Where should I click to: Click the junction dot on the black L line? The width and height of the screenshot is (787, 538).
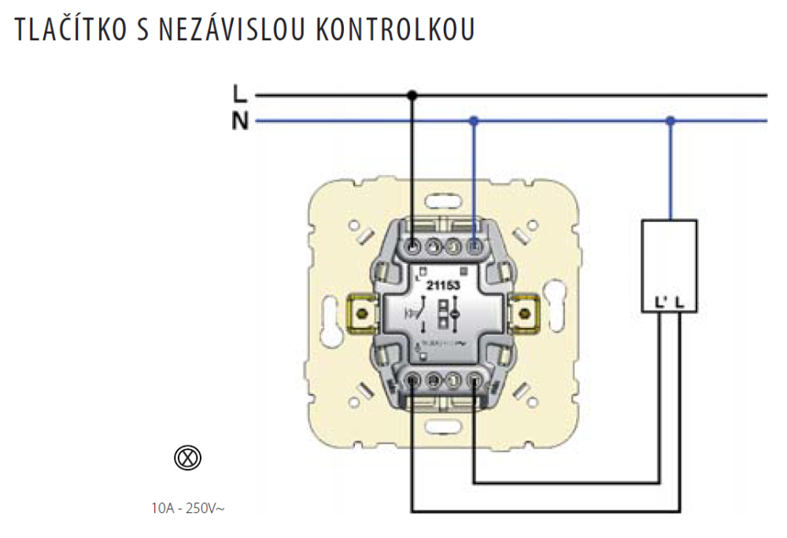[412, 96]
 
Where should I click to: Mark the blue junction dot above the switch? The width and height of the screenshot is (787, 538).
[473, 121]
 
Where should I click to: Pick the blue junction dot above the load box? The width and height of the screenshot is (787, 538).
[670, 121]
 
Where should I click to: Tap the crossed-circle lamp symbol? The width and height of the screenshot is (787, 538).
[187, 458]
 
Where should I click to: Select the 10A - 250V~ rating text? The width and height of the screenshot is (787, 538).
[188, 508]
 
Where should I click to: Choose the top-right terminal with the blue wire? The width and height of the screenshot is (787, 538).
[474, 249]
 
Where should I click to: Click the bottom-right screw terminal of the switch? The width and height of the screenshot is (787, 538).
[474, 381]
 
